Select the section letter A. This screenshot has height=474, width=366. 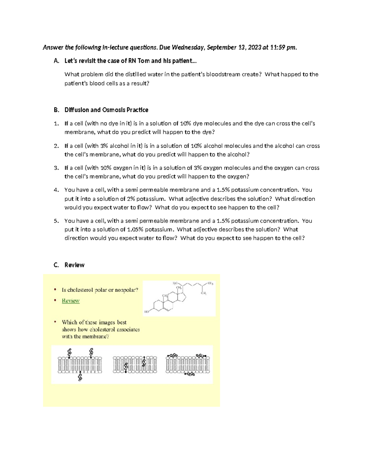[x=56, y=61]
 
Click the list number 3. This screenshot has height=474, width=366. [x=56, y=168]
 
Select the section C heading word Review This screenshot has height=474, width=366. [x=74, y=265]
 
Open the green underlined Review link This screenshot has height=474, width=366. [x=70, y=301]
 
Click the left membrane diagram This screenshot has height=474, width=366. [x=80, y=364]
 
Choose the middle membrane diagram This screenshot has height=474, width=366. [x=135, y=364]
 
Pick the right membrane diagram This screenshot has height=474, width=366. [x=188, y=364]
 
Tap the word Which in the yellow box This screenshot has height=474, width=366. [x=70, y=322]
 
